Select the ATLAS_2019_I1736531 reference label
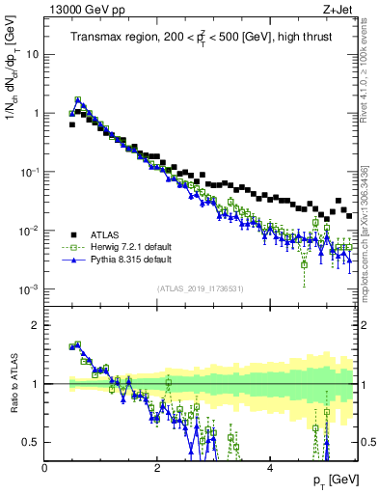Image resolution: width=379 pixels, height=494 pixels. point(201,288)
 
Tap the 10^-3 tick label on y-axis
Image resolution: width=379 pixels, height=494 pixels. point(28,289)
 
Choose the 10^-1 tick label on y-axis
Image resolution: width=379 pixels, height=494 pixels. point(28,172)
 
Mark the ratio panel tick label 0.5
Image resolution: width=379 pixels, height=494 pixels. point(30,443)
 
